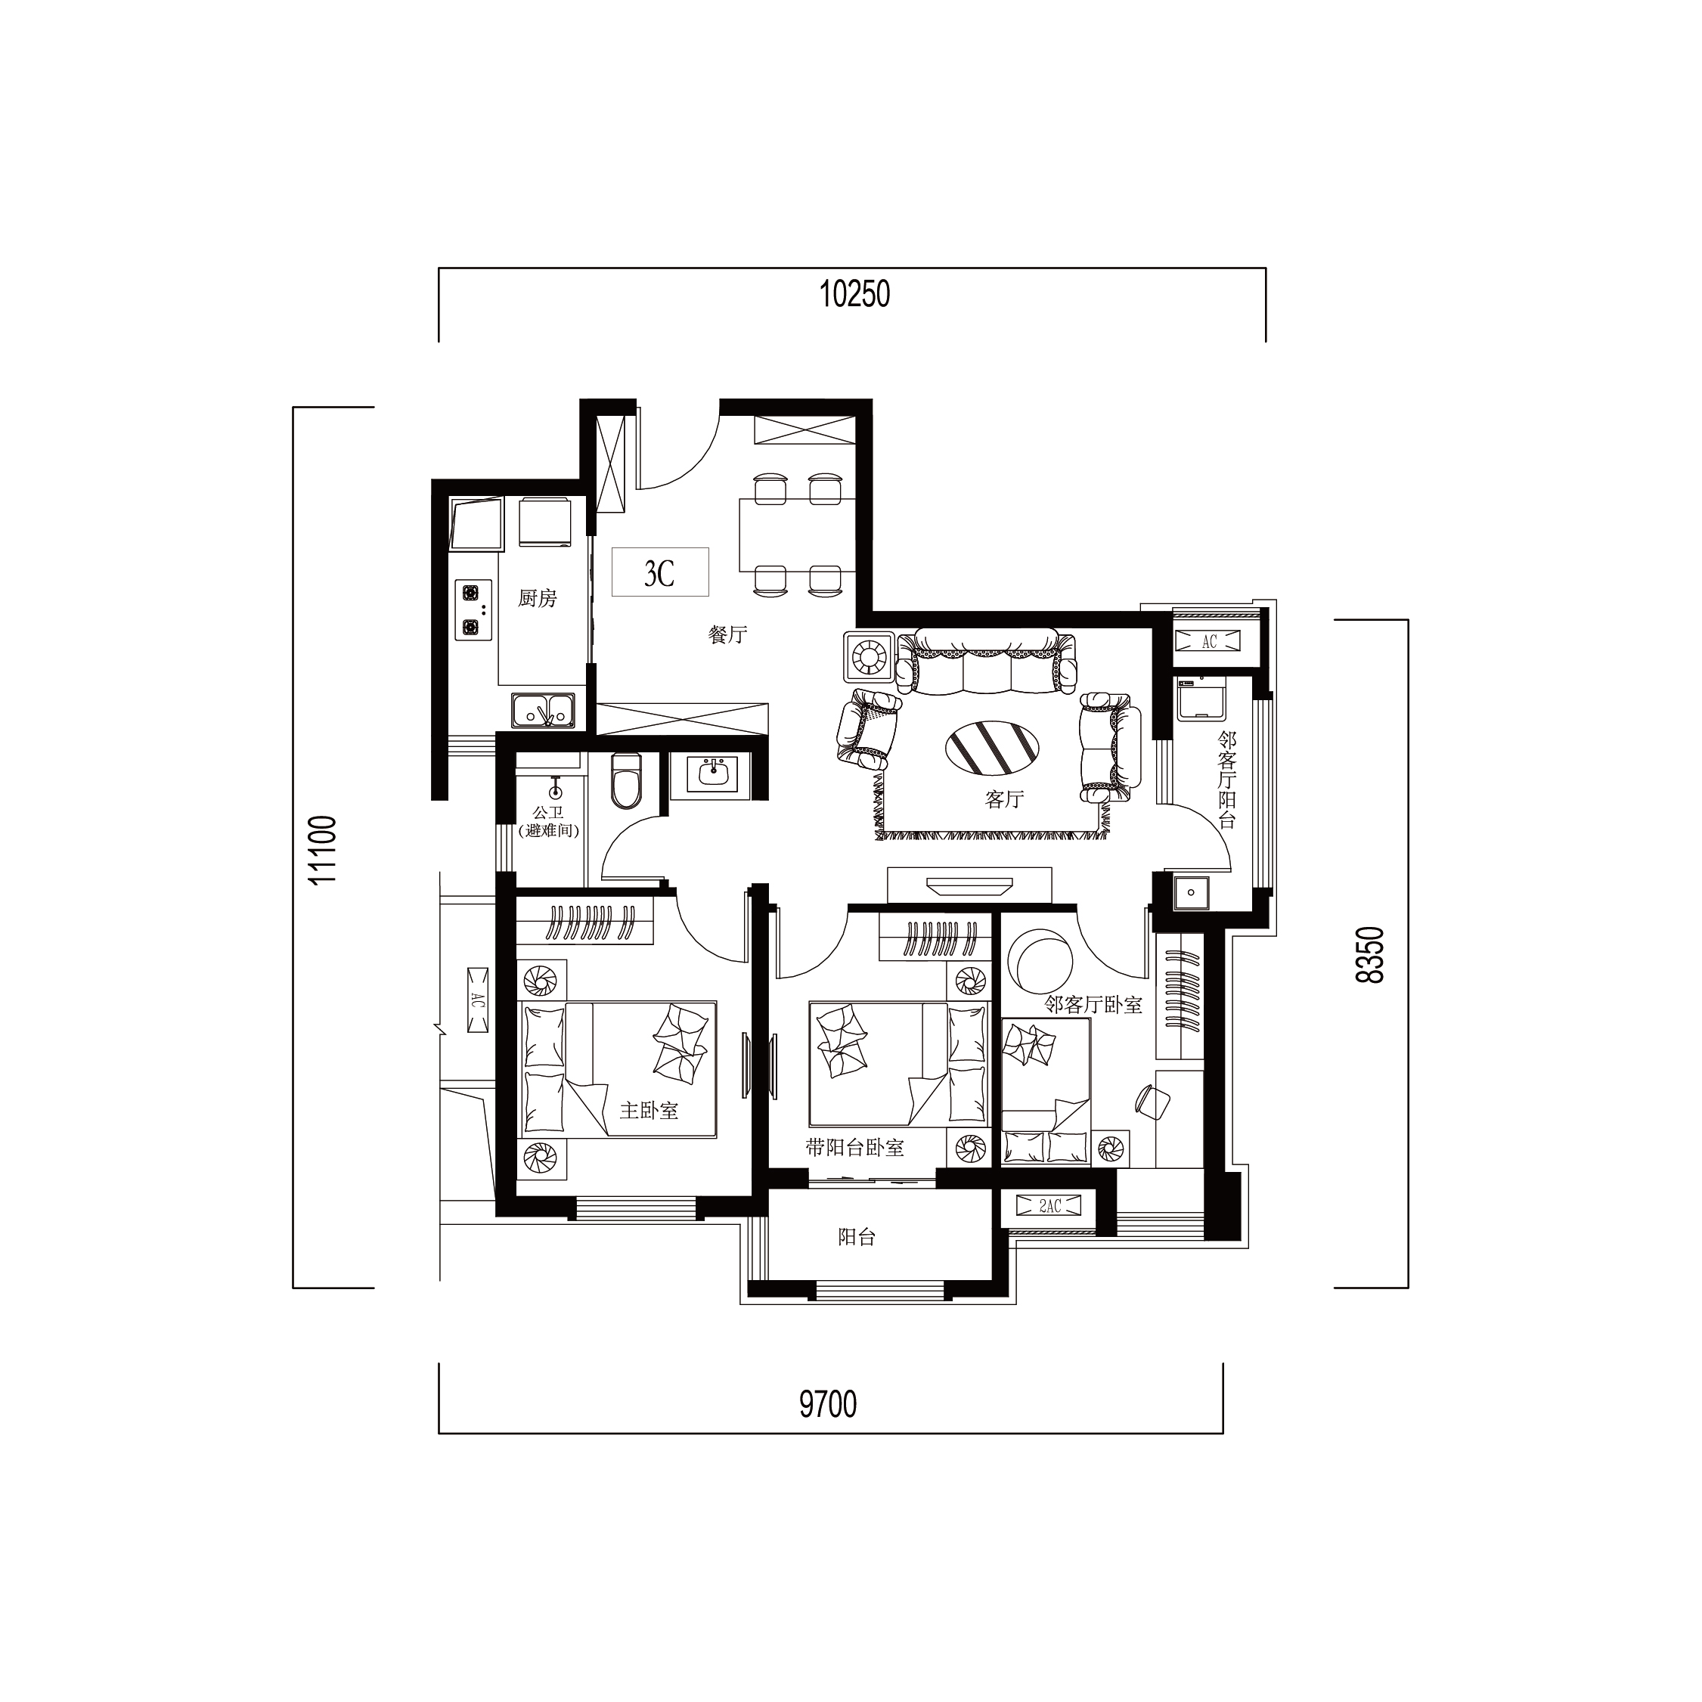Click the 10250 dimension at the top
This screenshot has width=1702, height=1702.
[x=854, y=294]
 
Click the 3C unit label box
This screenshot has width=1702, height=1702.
[x=660, y=572]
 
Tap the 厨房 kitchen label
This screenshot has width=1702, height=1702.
[x=538, y=598]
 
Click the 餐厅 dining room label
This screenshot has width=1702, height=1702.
[x=727, y=634]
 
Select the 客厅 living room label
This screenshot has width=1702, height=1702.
[x=1004, y=799]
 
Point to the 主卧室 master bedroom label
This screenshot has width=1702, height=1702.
[x=649, y=1110]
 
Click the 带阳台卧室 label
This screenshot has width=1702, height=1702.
[x=854, y=1148]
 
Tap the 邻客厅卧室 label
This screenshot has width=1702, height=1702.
[x=1093, y=1004]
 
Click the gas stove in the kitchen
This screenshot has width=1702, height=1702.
[x=473, y=609]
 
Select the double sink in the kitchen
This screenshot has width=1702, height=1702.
[x=543, y=711]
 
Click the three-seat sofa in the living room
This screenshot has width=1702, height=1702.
[x=986, y=661]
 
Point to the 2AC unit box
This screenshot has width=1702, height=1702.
[x=1049, y=1206]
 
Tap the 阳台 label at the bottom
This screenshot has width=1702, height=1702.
[x=856, y=1238]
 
